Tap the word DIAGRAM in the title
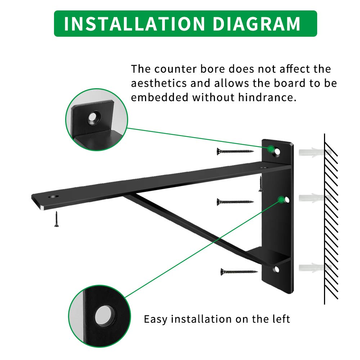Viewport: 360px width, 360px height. pos(257,24)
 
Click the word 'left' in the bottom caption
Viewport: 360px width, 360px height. pos(280,319)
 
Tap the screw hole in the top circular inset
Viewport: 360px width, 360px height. pos(94,117)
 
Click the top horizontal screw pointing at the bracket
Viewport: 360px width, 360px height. pos(235,151)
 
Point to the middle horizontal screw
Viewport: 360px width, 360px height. pos(235,202)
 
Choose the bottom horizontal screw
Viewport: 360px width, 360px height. pos(239,271)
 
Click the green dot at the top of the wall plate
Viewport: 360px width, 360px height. pos(270,148)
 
